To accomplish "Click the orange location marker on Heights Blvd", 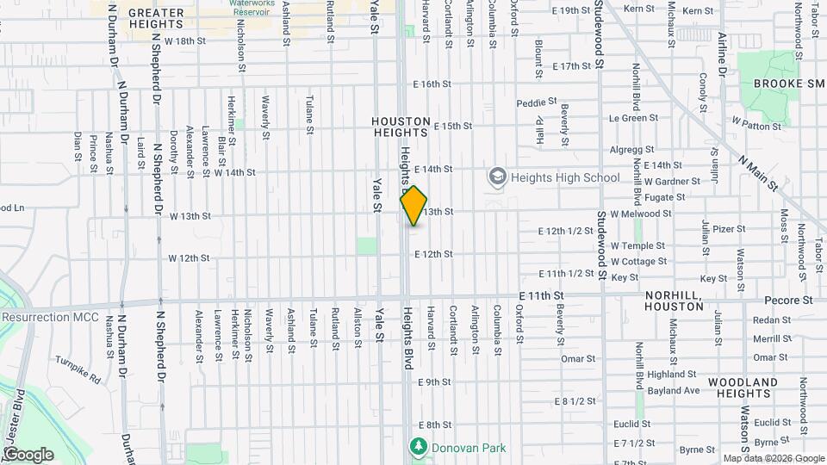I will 413,206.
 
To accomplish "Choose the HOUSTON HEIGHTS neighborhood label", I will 401,127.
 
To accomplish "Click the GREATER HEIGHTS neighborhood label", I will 156,19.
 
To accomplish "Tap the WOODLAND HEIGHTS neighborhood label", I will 743,387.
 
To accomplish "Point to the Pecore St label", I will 789,301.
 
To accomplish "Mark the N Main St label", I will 759,173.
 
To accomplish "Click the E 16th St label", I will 432,84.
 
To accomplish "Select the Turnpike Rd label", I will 78,369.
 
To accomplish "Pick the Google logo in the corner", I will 28,454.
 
